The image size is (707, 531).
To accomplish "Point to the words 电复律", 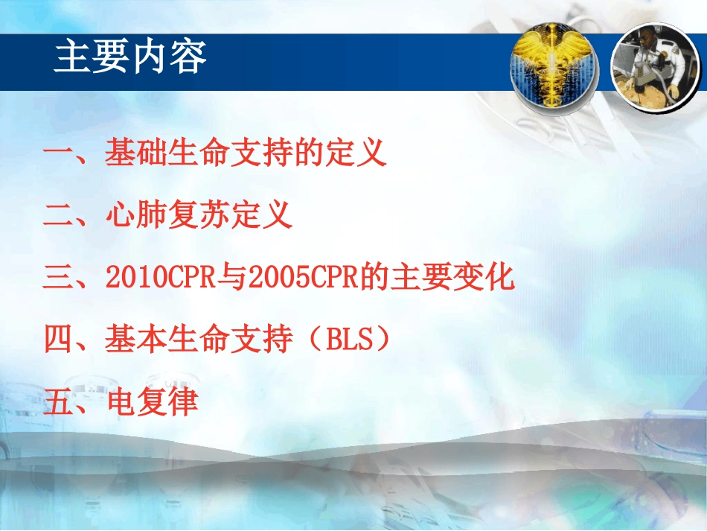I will tap(153, 403).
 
